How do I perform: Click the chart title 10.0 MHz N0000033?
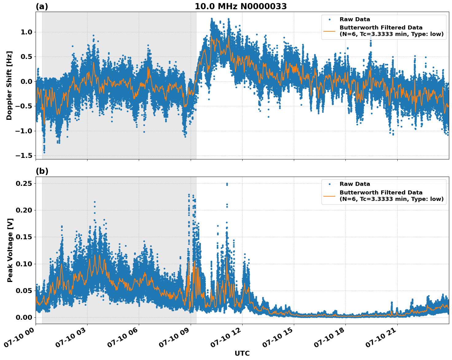(x=240, y=6)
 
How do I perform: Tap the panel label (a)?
(x=42, y=6)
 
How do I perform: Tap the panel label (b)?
(x=42, y=171)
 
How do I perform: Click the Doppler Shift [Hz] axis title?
(x=9, y=85)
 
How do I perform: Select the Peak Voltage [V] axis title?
(x=10, y=250)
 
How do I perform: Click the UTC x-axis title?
(x=242, y=353)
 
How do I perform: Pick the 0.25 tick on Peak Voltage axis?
(x=24, y=183)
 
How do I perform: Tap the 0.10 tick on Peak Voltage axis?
(x=24, y=264)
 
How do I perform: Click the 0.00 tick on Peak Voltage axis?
(x=24, y=317)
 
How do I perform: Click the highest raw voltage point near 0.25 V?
(x=227, y=184)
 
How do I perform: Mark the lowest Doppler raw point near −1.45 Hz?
(x=44, y=152)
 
